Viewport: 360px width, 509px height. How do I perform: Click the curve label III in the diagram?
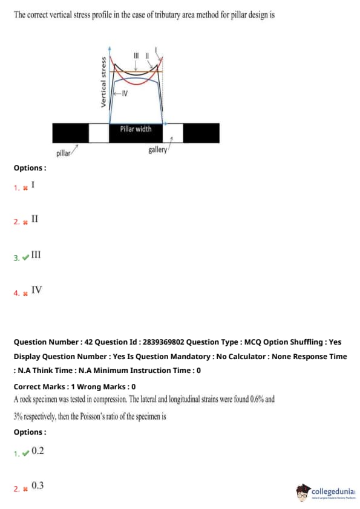point(136,56)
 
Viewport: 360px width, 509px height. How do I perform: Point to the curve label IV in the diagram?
point(125,94)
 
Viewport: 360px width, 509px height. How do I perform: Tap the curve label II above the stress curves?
point(147,56)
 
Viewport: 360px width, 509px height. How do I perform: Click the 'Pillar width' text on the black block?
point(136,129)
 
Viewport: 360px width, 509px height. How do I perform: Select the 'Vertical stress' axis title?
point(103,82)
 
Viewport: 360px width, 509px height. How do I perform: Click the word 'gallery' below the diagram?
point(157,150)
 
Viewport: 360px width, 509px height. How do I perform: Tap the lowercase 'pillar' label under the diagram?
point(63,153)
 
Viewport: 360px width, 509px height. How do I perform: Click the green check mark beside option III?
point(25,258)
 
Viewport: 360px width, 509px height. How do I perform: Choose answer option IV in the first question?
point(36,290)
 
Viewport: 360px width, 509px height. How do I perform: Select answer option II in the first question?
point(34,219)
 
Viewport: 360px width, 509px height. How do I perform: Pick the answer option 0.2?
point(38,450)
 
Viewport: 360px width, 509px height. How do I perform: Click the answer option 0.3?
point(38,485)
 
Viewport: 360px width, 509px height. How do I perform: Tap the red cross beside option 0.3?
point(25,488)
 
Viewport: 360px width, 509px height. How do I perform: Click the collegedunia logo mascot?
point(303,492)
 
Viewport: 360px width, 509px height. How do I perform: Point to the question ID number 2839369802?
point(163,342)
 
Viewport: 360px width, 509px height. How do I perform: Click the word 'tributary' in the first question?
point(168,15)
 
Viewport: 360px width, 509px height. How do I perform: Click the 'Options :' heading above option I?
point(30,168)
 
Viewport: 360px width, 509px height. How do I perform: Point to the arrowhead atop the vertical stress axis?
point(110,48)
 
